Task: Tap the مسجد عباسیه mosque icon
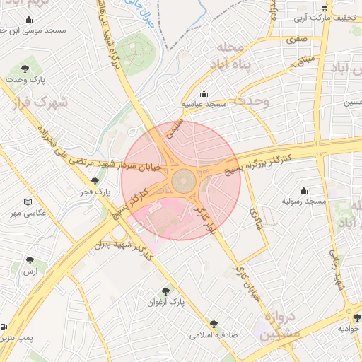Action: coord(204,93)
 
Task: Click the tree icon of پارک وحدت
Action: coord(25,69)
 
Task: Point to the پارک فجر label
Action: coord(94,192)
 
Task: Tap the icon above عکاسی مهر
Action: coord(28,202)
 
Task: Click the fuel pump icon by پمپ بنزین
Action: coord(5,328)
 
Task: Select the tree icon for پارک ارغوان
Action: coord(165,291)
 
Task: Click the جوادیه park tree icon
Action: coord(357,318)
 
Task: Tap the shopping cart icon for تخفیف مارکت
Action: coord(325,8)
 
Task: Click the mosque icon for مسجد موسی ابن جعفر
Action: coord(28,20)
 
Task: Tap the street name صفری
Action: coord(296,41)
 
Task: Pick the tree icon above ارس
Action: coord(30,260)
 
